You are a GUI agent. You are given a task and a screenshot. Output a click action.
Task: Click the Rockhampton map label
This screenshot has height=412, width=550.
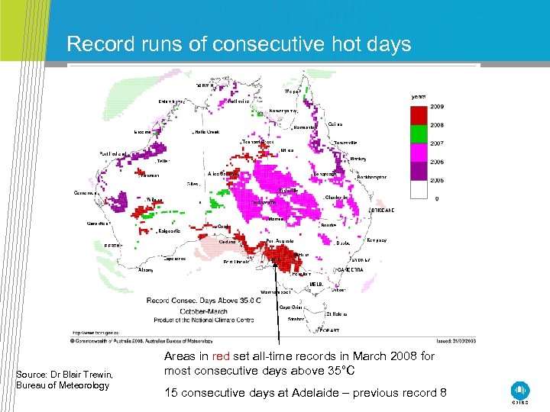371,177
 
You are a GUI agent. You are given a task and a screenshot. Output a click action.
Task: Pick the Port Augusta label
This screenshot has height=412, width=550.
280,241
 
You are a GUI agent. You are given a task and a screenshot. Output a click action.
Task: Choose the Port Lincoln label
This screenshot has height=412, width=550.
240,262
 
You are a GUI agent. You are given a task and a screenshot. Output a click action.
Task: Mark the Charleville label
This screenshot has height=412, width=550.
337,198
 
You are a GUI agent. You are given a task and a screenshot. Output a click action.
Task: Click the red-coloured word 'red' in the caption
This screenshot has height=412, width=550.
221,356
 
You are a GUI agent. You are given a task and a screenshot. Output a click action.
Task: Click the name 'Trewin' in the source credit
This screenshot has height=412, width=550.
95,374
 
